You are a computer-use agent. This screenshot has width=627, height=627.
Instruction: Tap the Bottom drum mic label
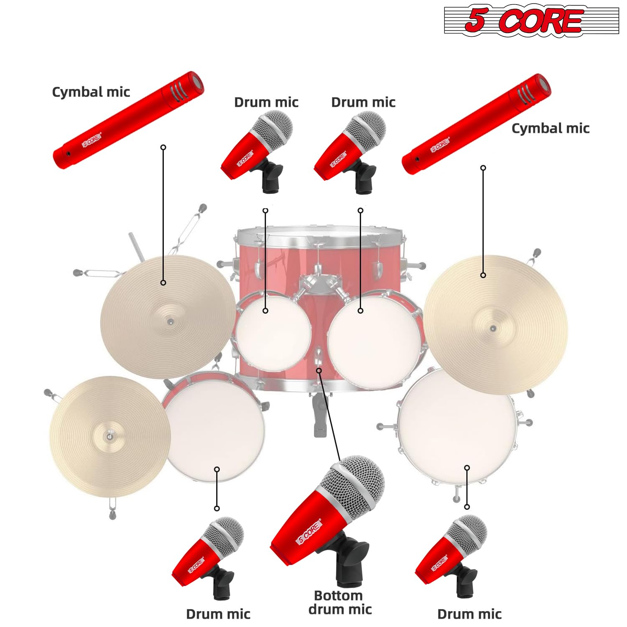pyautogui.click(x=339, y=602)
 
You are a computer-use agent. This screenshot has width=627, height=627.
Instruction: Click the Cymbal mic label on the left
pyautogui.click(x=91, y=92)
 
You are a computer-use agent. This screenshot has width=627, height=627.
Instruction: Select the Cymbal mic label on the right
pyautogui.click(x=550, y=128)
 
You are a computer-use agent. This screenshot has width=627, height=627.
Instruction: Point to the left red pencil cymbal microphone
pyautogui.click(x=127, y=120)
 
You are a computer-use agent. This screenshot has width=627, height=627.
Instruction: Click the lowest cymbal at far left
pyautogui.click(x=110, y=437)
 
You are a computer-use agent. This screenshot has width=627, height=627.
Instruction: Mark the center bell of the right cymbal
pyautogui.click(x=493, y=328)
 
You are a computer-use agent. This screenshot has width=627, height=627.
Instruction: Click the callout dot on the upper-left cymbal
pyautogui.click(x=163, y=283)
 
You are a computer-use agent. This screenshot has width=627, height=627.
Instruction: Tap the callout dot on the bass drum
pyautogui.click(x=319, y=370)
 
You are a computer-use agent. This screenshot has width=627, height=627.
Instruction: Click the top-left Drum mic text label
pyautogui.click(x=266, y=102)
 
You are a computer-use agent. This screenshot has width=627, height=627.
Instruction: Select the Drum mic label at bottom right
pyautogui.click(x=469, y=614)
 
